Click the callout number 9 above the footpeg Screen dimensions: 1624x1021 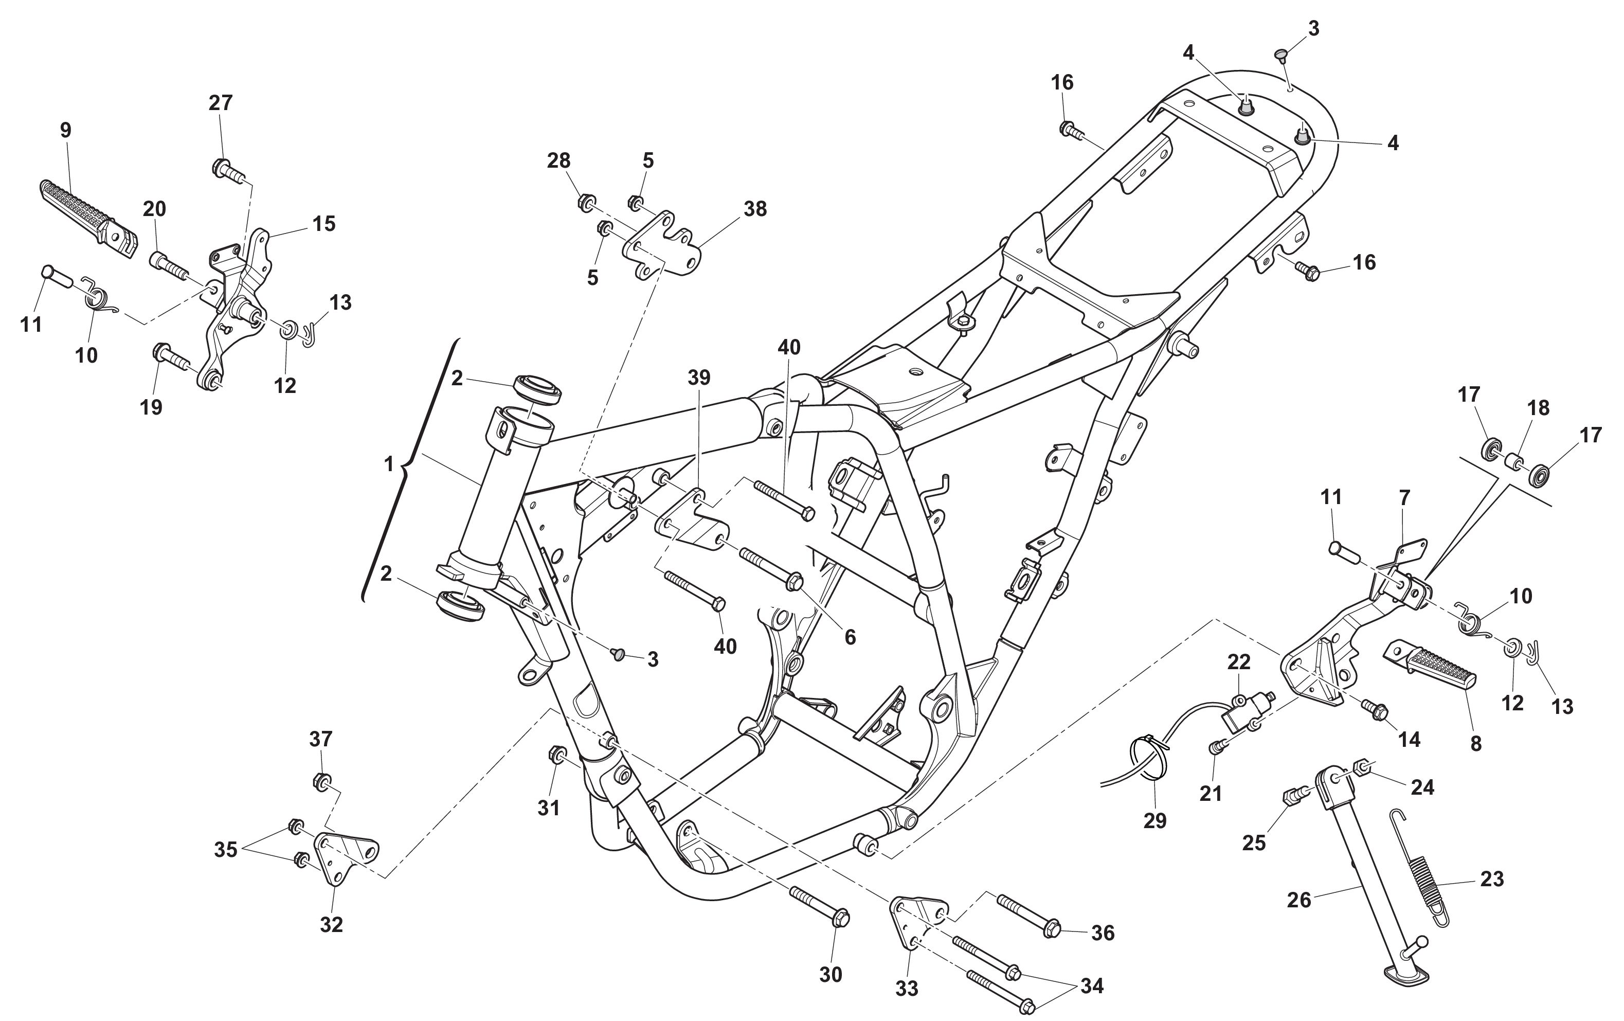(x=65, y=130)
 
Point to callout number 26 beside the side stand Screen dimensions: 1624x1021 (x=1299, y=900)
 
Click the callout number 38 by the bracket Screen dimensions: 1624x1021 (x=755, y=209)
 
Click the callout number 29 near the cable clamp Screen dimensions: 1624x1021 (x=1154, y=820)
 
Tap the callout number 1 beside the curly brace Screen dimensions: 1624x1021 (x=388, y=464)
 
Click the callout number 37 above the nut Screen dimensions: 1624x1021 (x=320, y=739)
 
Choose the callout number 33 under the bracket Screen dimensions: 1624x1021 (x=907, y=988)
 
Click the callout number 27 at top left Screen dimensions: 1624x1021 (x=221, y=102)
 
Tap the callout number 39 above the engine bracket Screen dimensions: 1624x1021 (x=699, y=378)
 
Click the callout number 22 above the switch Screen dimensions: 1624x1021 (x=1238, y=662)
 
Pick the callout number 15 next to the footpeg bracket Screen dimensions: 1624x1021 (x=324, y=224)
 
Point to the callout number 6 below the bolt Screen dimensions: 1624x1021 (x=850, y=637)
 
